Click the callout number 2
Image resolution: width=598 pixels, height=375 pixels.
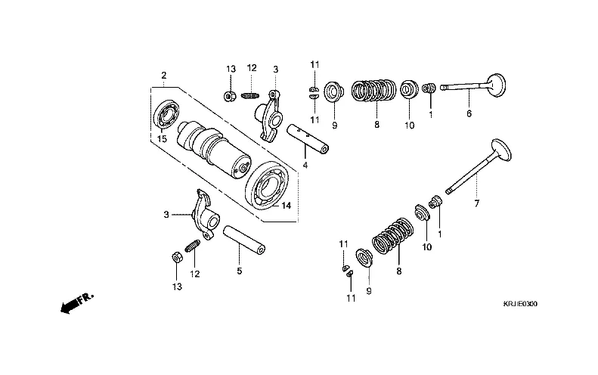(163, 75)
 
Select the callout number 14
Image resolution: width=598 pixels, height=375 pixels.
(286, 205)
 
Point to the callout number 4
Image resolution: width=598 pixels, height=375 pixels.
(305, 165)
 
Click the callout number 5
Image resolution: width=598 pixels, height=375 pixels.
(238, 270)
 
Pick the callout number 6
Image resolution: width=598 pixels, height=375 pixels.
(469, 114)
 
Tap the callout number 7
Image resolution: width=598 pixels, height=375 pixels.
(476, 204)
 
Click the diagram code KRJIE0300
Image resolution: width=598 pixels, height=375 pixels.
(521, 303)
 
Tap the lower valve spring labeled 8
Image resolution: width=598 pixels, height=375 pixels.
(393, 235)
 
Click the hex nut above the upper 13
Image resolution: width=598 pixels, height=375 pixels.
(229, 96)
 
